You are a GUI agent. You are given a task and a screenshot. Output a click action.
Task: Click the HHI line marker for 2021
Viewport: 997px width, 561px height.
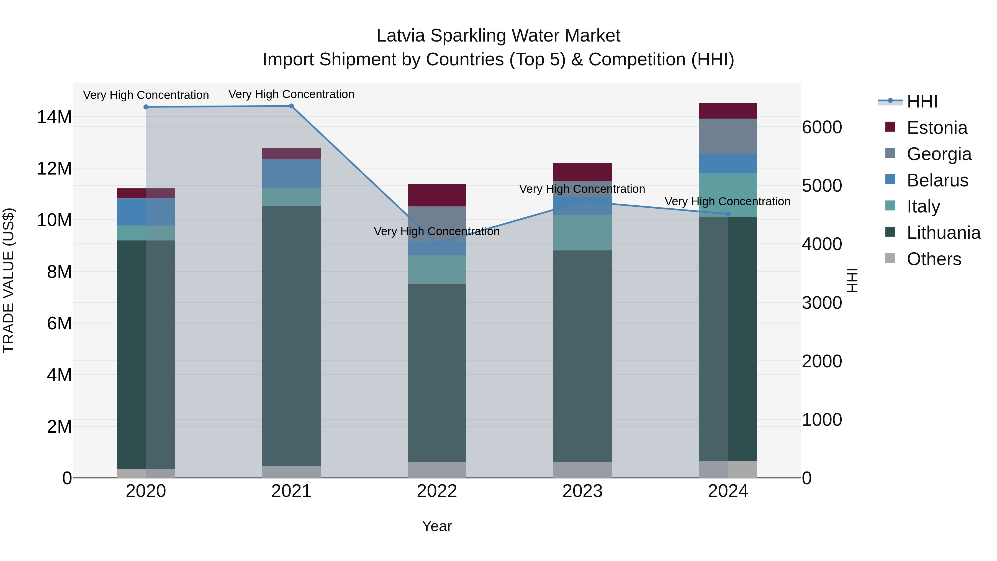click(291, 106)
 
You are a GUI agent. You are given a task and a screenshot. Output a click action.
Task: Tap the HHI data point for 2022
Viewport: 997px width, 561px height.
click(437, 244)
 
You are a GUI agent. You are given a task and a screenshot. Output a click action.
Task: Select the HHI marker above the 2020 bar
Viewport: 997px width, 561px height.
click(146, 107)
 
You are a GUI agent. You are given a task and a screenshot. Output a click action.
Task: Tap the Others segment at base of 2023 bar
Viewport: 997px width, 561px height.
click(582, 470)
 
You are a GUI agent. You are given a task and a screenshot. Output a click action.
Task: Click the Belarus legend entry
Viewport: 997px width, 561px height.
click(937, 180)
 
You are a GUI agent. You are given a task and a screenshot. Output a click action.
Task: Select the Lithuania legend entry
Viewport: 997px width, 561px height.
click(943, 233)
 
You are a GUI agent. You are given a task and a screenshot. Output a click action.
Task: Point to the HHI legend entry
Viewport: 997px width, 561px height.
click(921, 101)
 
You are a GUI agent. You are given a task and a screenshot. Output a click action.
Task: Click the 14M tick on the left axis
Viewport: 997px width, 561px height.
click(54, 117)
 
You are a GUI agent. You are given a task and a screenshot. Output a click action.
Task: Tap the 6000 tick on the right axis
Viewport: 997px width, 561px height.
click(822, 127)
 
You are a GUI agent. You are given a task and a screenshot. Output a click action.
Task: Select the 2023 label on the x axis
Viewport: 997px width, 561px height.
click(582, 491)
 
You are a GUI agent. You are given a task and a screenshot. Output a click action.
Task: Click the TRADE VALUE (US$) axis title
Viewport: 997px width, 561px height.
click(9, 280)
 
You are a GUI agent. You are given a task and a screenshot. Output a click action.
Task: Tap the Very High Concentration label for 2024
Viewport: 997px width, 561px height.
click(727, 201)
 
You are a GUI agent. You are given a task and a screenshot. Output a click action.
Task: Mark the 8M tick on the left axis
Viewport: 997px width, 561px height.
click(59, 272)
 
